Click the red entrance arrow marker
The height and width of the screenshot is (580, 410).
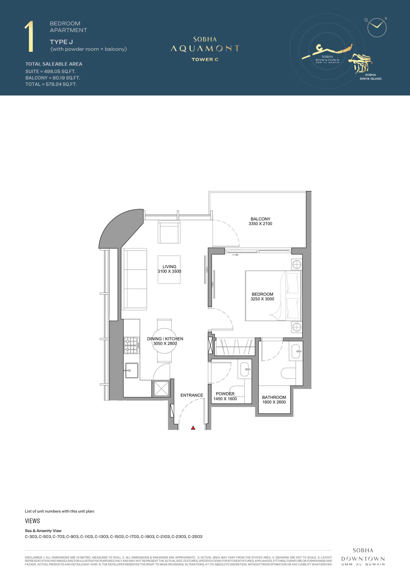click(193, 428)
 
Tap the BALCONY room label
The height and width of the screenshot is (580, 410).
click(260, 219)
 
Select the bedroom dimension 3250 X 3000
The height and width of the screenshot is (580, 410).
click(262, 299)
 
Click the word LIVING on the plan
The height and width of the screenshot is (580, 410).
click(169, 267)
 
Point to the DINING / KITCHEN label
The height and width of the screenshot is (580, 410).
click(165, 339)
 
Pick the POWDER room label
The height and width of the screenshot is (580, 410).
click(225, 394)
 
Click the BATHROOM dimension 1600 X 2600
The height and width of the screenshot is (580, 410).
click(274, 402)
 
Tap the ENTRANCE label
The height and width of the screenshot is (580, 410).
click(192, 395)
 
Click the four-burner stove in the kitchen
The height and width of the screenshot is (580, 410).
click(131, 345)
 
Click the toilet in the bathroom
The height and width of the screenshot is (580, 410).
click(288, 373)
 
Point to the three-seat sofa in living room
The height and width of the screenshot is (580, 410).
click(135, 280)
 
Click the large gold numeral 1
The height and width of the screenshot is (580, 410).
click(29, 37)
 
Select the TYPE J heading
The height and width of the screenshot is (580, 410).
click(61, 42)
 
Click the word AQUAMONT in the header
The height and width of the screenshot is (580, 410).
click(205, 48)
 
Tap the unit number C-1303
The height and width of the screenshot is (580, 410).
click(101, 536)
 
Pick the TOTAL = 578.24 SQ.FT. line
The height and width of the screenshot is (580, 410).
click(51, 84)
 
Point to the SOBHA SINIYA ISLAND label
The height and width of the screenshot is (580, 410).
click(371, 77)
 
